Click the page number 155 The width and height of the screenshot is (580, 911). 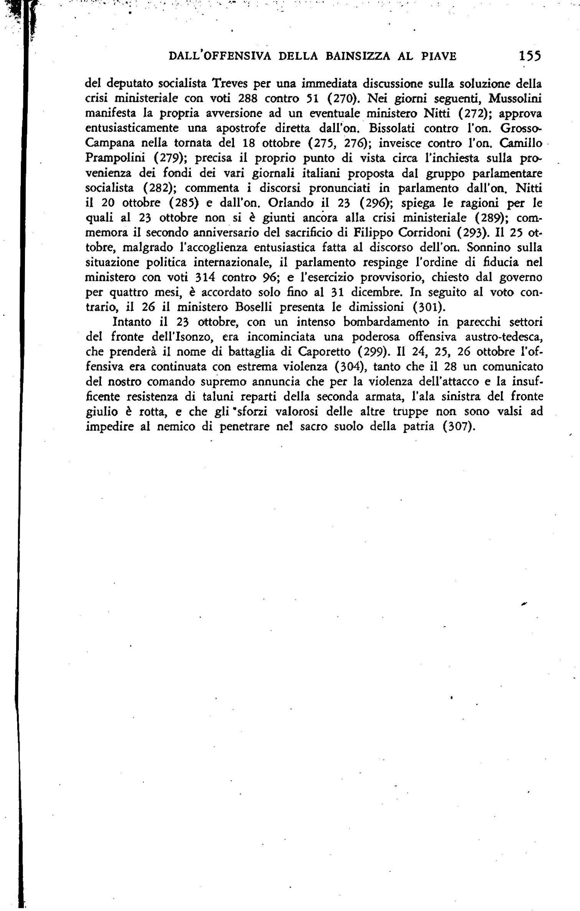(x=530, y=56)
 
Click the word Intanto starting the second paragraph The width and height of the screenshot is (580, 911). (x=131, y=322)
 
